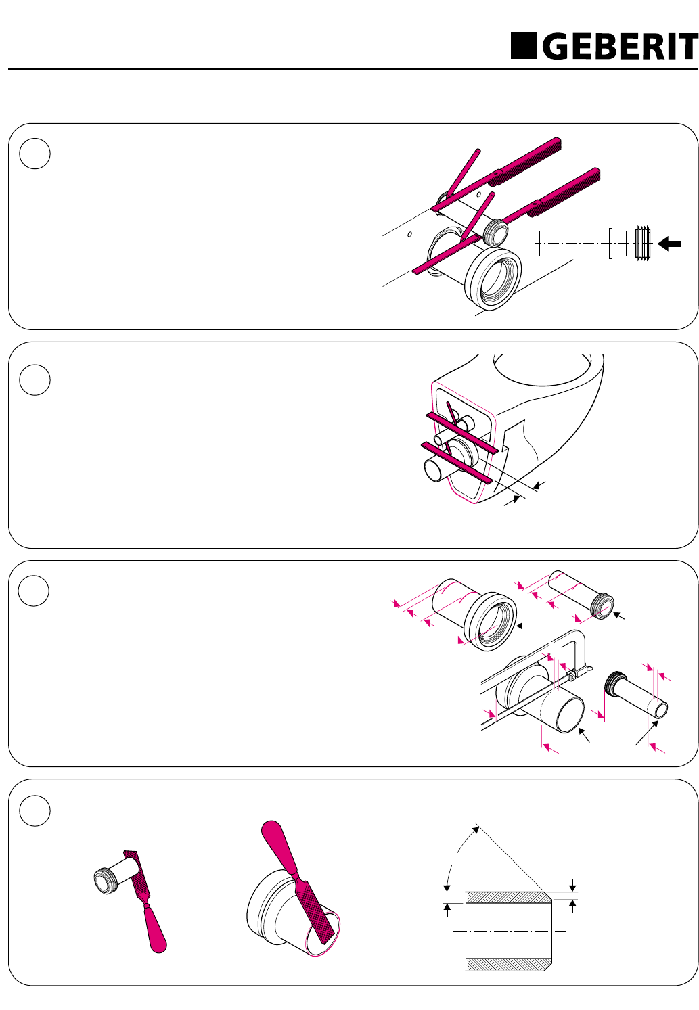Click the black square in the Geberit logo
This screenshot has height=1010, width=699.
point(523,46)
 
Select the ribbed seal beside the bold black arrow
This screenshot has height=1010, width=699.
point(644,243)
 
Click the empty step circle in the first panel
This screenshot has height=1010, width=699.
point(35,154)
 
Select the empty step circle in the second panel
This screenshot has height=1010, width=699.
point(35,380)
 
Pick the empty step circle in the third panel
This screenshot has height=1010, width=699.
point(35,591)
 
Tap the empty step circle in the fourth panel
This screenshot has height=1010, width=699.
point(35,810)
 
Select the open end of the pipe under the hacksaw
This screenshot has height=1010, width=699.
point(570,714)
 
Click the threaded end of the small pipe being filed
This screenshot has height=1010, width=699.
point(105,877)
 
